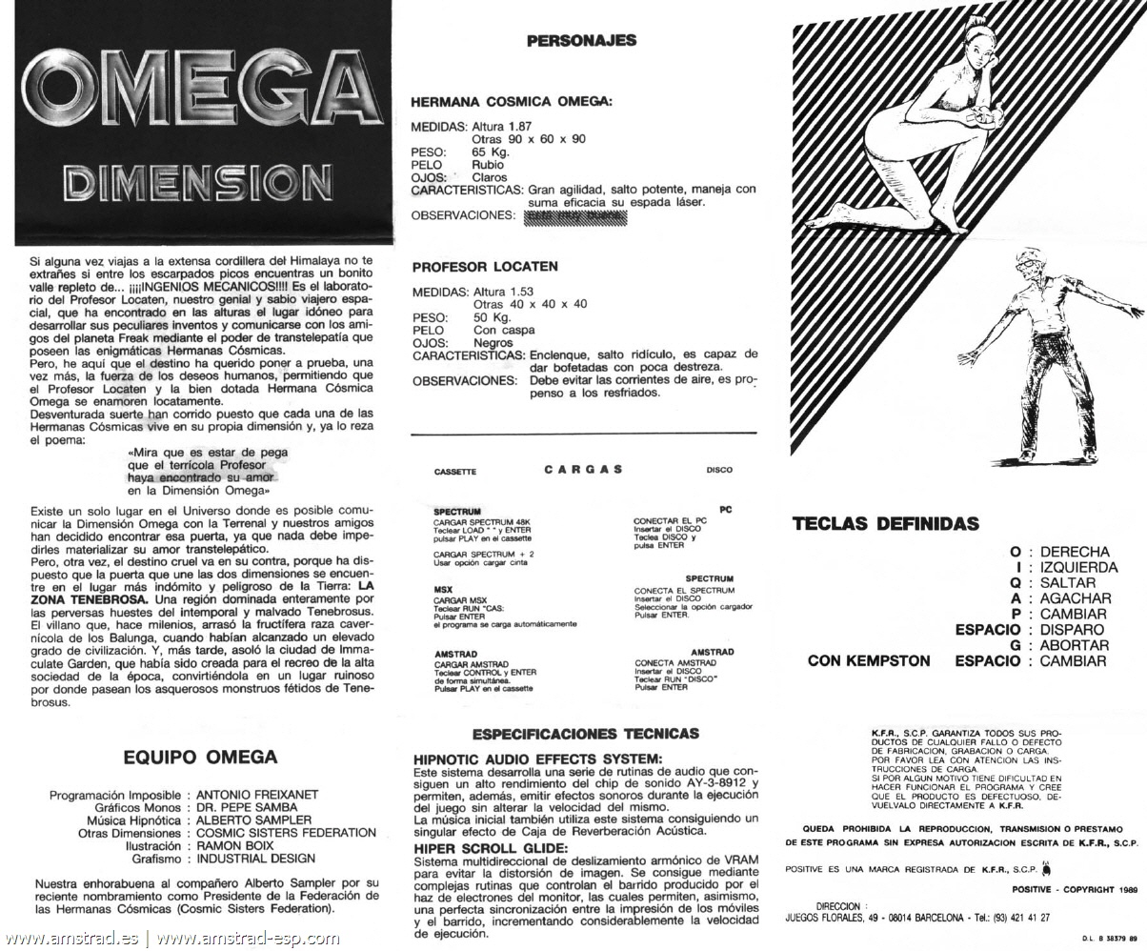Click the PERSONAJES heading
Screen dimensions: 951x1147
coord(581,41)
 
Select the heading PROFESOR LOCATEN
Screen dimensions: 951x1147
coord(485,267)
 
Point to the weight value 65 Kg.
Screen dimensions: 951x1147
coord(491,152)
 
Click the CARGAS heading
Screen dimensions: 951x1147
coord(584,469)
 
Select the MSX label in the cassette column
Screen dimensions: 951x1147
coord(442,590)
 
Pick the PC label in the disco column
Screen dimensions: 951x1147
coord(726,510)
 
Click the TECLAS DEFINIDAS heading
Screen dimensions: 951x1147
coord(885,524)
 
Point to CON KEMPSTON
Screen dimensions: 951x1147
coord(869,660)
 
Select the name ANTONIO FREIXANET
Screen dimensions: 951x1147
coord(257,795)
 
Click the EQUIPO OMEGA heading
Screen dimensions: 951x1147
coord(200,759)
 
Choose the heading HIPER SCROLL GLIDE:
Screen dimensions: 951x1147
coord(491,848)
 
